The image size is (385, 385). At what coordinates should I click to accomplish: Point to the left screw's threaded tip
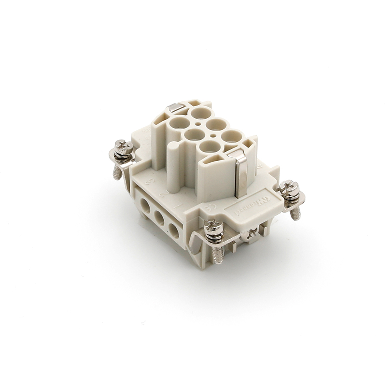117,174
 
